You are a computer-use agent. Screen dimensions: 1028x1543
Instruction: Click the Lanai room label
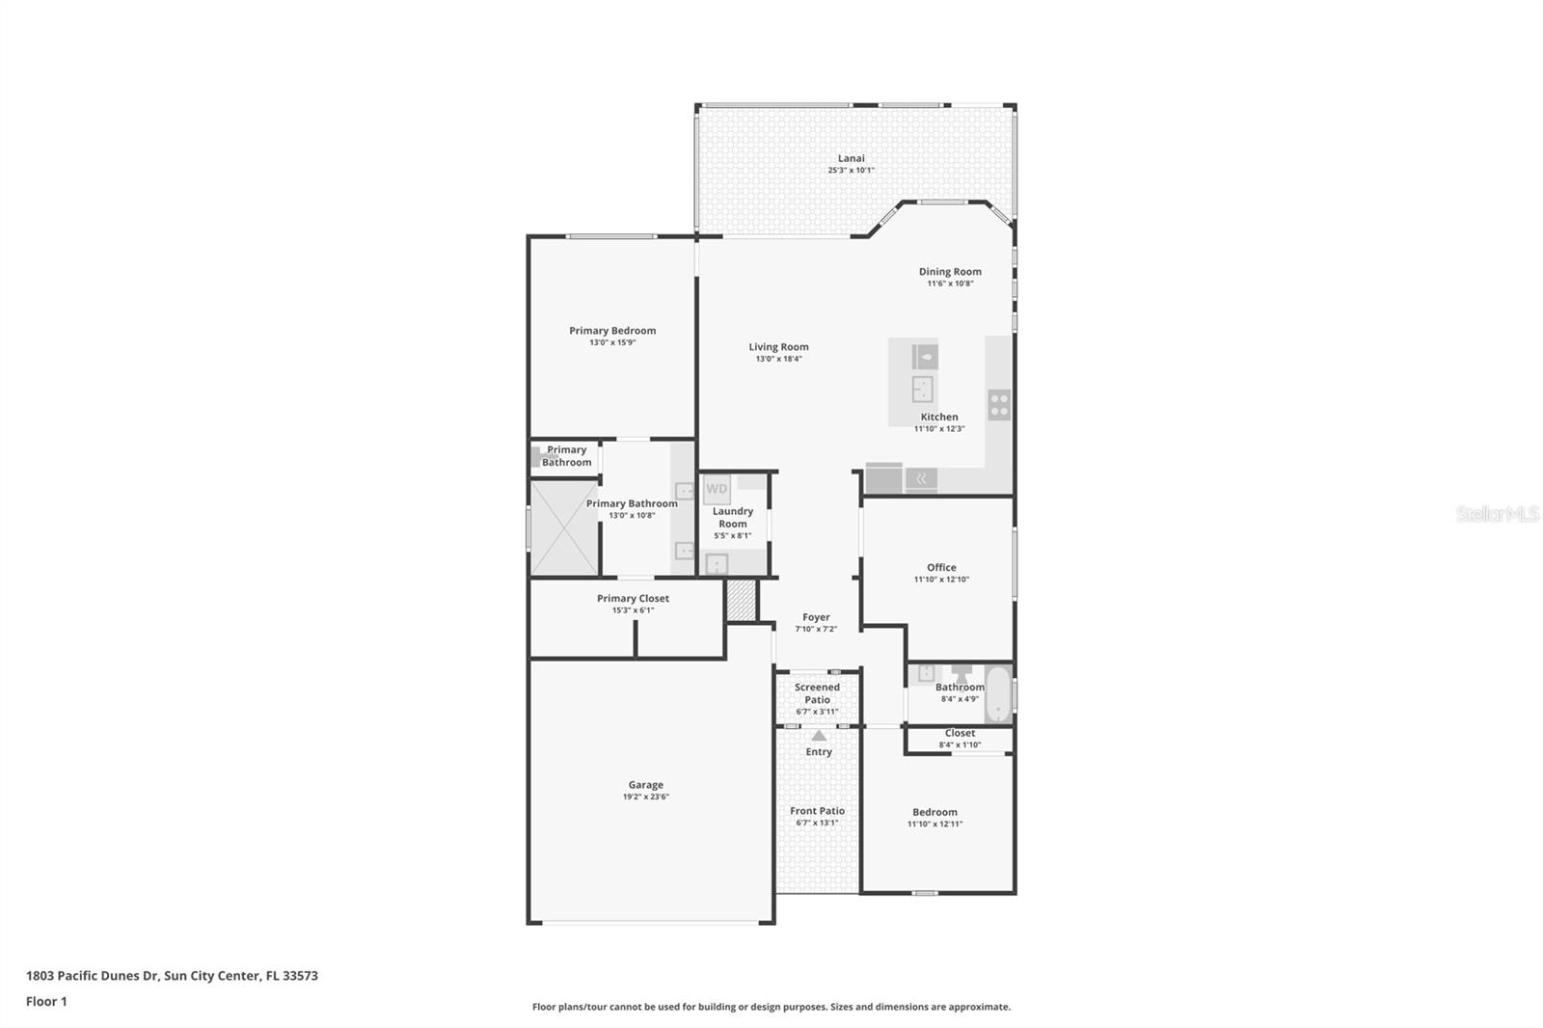[x=851, y=158]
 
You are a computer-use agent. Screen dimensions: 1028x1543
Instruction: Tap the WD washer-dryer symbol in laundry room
[x=717, y=489]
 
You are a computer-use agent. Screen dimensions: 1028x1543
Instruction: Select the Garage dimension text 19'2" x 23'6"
[x=645, y=798]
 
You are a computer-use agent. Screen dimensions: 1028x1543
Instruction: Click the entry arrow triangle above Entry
[x=819, y=736]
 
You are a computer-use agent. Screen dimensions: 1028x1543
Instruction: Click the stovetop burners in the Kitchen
[x=999, y=405]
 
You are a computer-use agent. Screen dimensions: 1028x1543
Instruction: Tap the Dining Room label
[x=950, y=272]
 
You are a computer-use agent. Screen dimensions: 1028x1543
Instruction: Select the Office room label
[x=941, y=568]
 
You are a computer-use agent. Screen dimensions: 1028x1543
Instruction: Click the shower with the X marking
[x=564, y=528]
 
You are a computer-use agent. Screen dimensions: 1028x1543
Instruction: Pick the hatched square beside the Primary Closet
[x=741, y=600]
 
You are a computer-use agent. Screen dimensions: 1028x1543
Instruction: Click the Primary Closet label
[x=633, y=599]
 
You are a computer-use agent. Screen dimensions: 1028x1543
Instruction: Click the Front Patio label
[x=817, y=811]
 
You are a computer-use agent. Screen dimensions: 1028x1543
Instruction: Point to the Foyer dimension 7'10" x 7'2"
[x=816, y=629]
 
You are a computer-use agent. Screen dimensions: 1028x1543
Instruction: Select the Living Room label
[x=778, y=347]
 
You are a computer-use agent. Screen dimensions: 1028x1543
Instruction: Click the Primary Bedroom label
[x=612, y=331]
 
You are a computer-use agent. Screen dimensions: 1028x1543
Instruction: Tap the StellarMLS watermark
[x=1497, y=515]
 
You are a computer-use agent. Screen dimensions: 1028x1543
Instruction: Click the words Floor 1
[x=46, y=1001]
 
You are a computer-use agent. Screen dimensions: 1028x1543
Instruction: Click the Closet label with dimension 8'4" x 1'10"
[x=960, y=733]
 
